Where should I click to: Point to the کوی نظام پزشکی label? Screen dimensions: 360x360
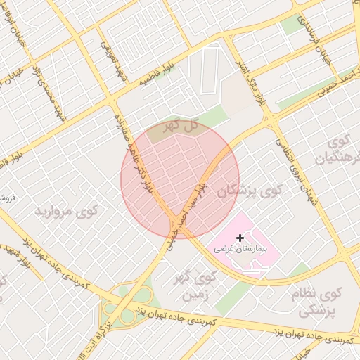click(x=323, y=300)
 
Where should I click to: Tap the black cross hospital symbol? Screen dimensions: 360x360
click(x=240, y=238)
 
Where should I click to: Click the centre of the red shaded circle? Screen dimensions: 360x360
click(x=180, y=179)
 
